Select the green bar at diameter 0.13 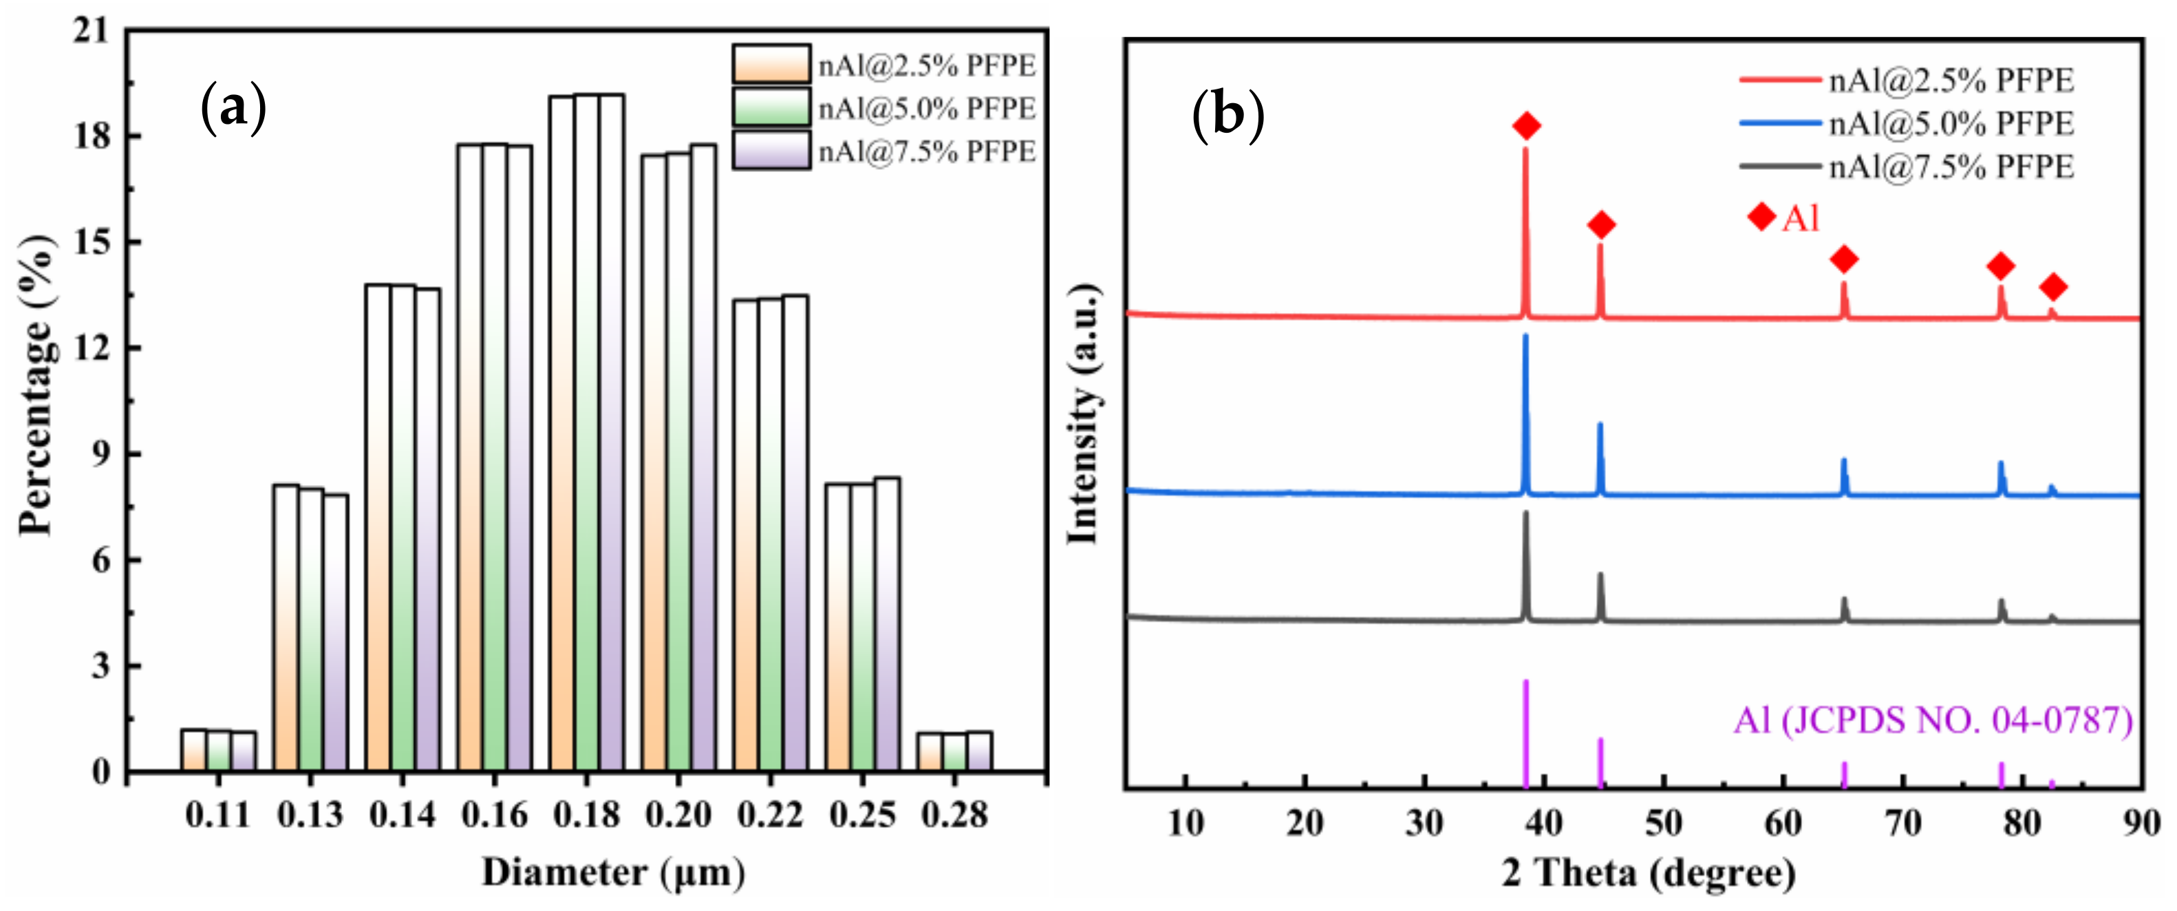(311, 630)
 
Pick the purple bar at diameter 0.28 (978, 751)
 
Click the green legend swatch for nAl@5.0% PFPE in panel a (771, 107)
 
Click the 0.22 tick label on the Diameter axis (769, 815)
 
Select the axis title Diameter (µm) (612, 872)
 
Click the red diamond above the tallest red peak (1526, 126)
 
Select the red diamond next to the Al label (1762, 217)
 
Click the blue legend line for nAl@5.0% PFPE (1779, 123)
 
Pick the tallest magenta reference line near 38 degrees (1525, 731)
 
